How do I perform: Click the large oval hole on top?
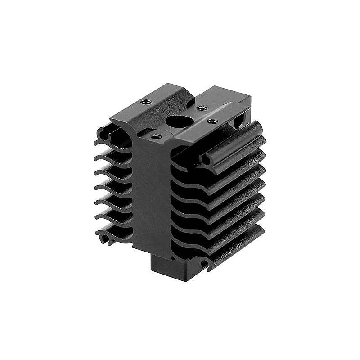pyautogui.click(x=178, y=121)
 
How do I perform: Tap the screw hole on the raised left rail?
pyautogui.click(x=145, y=102)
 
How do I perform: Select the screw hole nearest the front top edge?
pyautogui.click(x=156, y=136)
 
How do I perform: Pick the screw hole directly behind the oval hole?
pyautogui.click(x=202, y=108)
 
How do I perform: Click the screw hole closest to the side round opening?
pyautogui.click(x=213, y=121)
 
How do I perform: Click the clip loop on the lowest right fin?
pyautogui.click(x=205, y=264)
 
